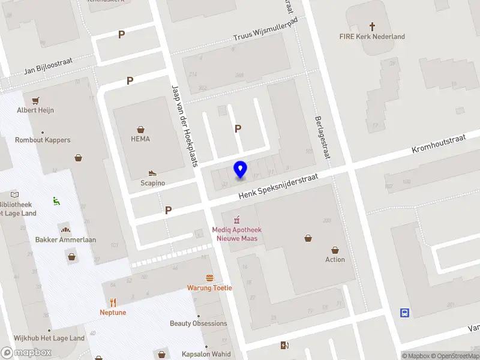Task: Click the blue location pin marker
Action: [241, 170]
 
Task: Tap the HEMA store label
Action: [140, 139]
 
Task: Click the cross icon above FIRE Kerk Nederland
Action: [372, 26]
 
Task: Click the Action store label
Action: [335, 259]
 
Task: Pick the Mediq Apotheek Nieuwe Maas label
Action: [236, 233]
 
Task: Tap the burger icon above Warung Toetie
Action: [209, 278]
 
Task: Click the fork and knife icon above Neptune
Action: [112, 303]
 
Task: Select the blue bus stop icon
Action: [405, 313]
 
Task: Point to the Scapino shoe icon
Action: [152, 173]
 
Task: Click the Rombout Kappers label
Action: [43, 140]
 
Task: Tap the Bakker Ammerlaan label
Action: [65, 239]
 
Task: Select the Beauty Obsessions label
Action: [199, 323]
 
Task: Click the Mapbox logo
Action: [26, 352]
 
